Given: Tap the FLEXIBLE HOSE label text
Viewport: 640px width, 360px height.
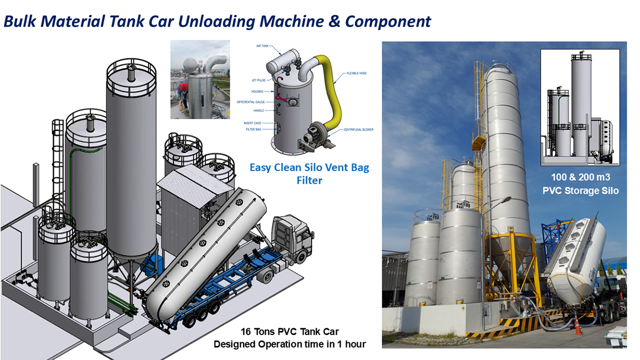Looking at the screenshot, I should [357, 73].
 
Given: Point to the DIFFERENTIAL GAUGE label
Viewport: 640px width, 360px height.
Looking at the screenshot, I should [250, 102].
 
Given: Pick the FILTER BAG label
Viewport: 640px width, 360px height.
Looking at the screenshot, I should [254, 129].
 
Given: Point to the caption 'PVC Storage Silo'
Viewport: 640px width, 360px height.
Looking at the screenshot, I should [580, 191].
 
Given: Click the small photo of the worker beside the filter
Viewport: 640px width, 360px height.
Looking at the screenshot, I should [193, 79].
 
